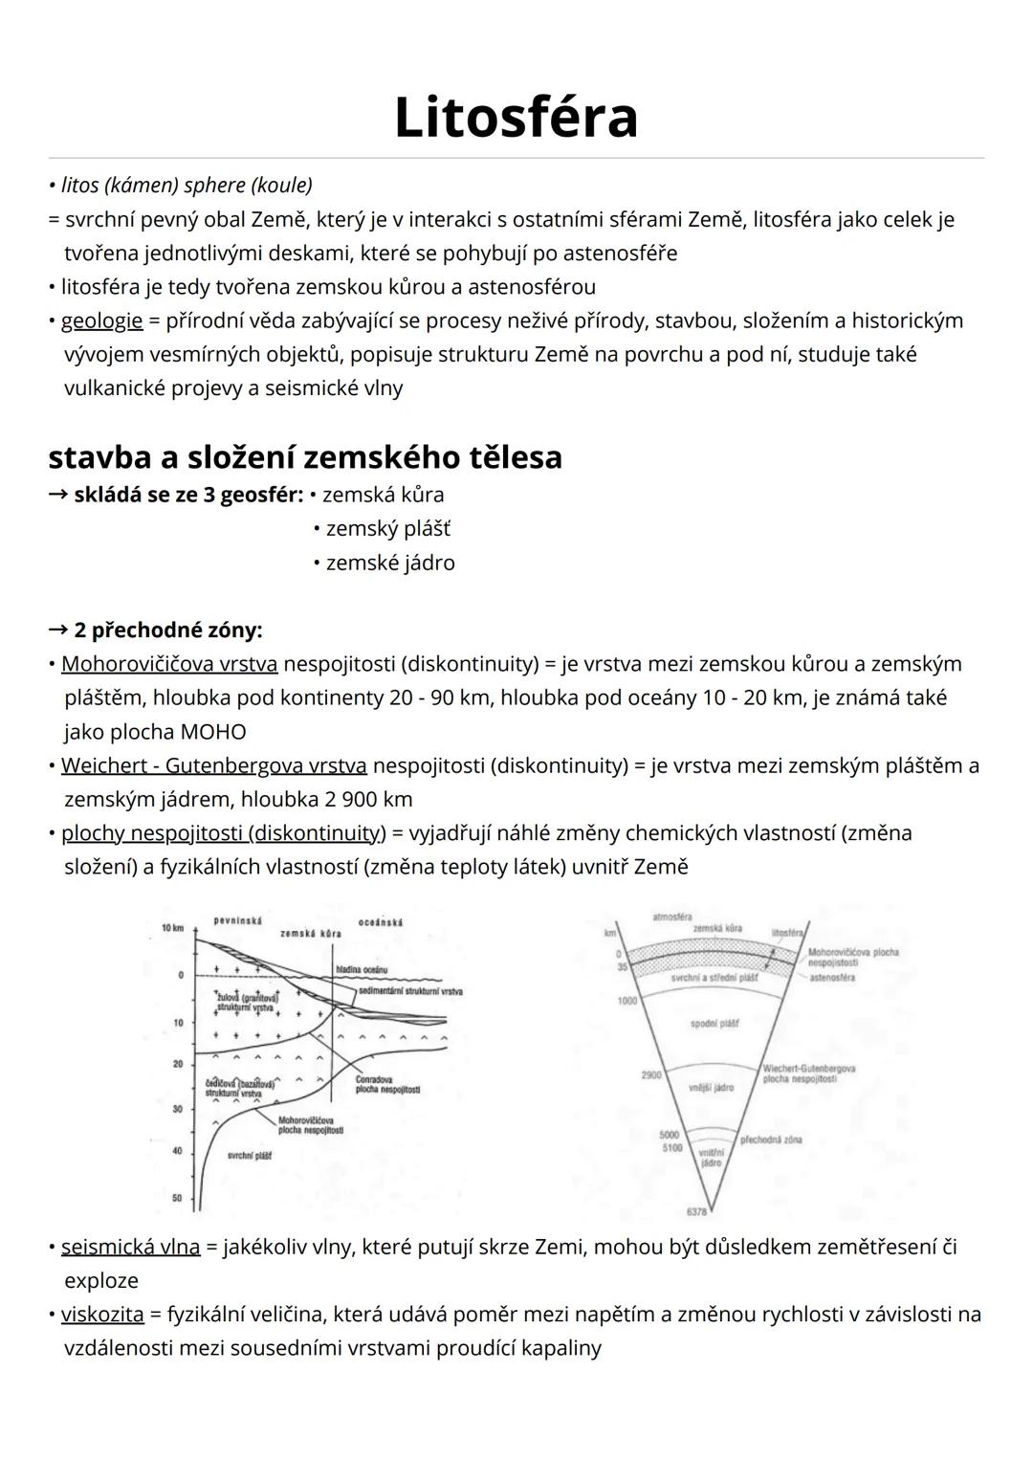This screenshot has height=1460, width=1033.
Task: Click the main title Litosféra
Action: pyautogui.click(x=516, y=118)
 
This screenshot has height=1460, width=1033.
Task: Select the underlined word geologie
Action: pyautogui.click(x=101, y=321)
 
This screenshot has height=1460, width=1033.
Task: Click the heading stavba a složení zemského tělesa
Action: pyautogui.click(x=305, y=456)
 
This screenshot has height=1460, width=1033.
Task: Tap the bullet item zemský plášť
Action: pyautogui.click(x=387, y=529)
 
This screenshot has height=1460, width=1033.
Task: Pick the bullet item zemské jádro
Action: pyautogui.click(x=389, y=563)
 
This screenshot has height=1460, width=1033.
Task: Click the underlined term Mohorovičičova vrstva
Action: pyautogui.click(x=169, y=664)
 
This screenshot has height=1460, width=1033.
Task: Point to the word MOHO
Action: pyautogui.click(x=212, y=732)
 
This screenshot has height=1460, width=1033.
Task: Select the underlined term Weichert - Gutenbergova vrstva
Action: pyautogui.click(x=213, y=765)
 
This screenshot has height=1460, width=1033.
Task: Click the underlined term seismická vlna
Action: pyautogui.click(x=130, y=1247)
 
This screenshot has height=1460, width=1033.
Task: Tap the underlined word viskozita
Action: pyautogui.click(x=102, y=1315)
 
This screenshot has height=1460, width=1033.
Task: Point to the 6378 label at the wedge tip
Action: pyautogui.click(x=697, y=1211)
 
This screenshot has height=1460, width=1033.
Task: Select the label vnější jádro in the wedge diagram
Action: pyautogui.click(x=711, y=1088)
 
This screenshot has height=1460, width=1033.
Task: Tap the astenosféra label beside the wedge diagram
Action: pyautogui.click(x=832, y=979)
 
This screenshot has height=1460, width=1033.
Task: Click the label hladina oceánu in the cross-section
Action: pyautogui.click(x=362, y=969)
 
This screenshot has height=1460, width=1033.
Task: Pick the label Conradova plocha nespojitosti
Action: pyautogui.click(x=386, y=1084)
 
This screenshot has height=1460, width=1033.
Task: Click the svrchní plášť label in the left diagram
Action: pyautogui.click(x=249, y=1156)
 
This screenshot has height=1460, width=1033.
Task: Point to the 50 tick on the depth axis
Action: pyautogui.click(x=177, y=1197)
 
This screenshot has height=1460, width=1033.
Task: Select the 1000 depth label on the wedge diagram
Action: pyautogui.click(x=626, y=1001)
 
